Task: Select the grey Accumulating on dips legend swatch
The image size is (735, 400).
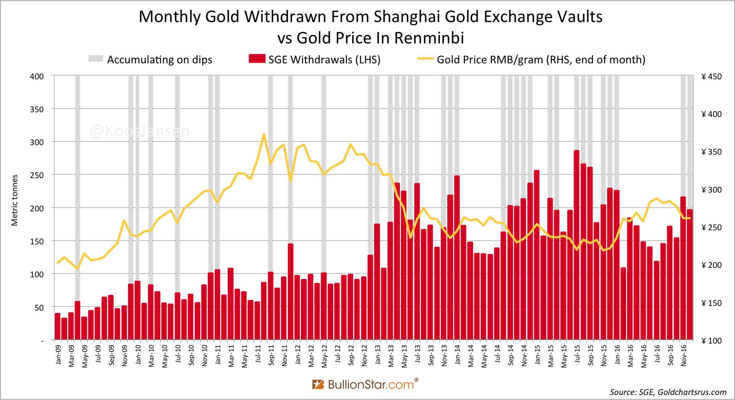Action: coord(96,59)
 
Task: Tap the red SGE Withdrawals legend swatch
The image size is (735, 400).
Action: coord(257,59)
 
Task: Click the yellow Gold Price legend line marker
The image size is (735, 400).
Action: coord(425,59)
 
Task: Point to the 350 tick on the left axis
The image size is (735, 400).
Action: coord(37,109)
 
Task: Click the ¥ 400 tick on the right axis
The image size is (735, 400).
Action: coord(711,114)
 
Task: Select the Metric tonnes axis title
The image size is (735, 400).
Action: coord(14,200)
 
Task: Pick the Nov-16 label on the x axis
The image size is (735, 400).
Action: coord(684,355)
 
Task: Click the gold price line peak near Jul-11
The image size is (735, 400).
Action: coord(264,134)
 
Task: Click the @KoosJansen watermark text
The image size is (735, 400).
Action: coord(140,131)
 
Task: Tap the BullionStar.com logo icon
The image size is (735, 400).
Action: coord(318,384)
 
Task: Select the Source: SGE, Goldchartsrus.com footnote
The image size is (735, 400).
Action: coord(668,392)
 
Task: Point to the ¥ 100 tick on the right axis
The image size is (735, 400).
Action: coord(711,341)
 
